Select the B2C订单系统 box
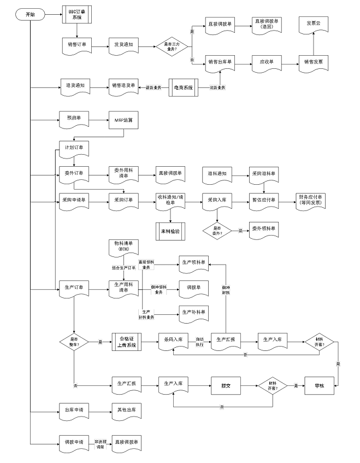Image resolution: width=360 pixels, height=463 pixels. [77, 15]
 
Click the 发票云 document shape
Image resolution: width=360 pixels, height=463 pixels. [313, 24]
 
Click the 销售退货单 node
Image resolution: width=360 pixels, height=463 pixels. [123, 87]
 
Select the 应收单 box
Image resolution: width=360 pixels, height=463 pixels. [265, 62]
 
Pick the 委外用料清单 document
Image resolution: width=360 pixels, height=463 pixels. [123, 174]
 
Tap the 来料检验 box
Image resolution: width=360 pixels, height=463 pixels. [171, 231]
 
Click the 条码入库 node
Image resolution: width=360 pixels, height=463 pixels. [174, 341]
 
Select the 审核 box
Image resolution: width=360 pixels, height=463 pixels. [319, 385]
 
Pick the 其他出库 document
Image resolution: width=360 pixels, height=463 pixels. [124, 410]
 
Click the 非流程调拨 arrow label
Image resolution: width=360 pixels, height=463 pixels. [100, 443]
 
